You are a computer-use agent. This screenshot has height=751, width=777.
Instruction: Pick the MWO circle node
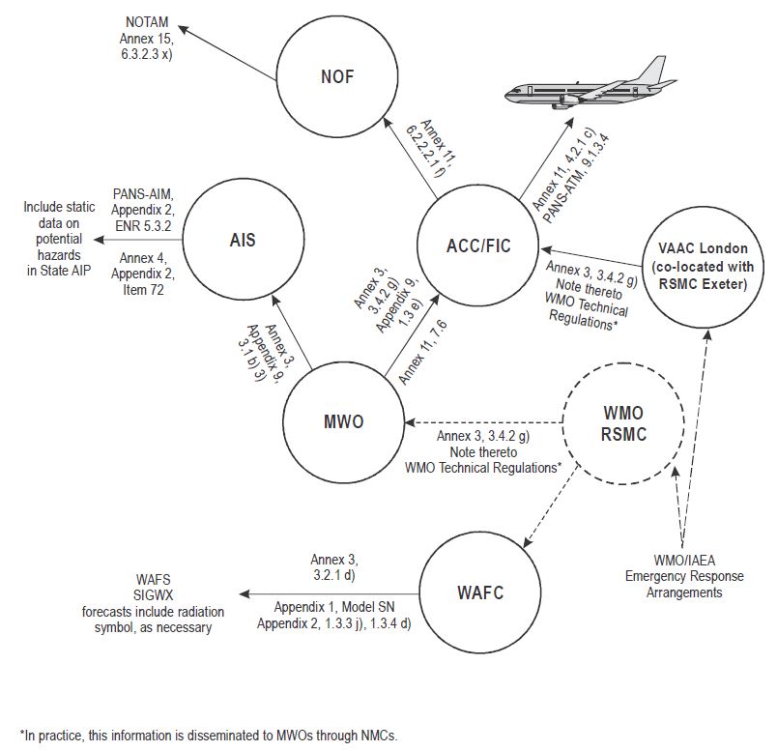point(342,421)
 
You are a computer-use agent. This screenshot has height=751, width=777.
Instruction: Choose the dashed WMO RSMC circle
point(619,424)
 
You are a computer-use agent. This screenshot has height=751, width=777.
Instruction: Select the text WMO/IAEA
point(683,561)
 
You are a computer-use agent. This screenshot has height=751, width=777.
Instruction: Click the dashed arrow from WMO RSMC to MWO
point(483,422)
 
